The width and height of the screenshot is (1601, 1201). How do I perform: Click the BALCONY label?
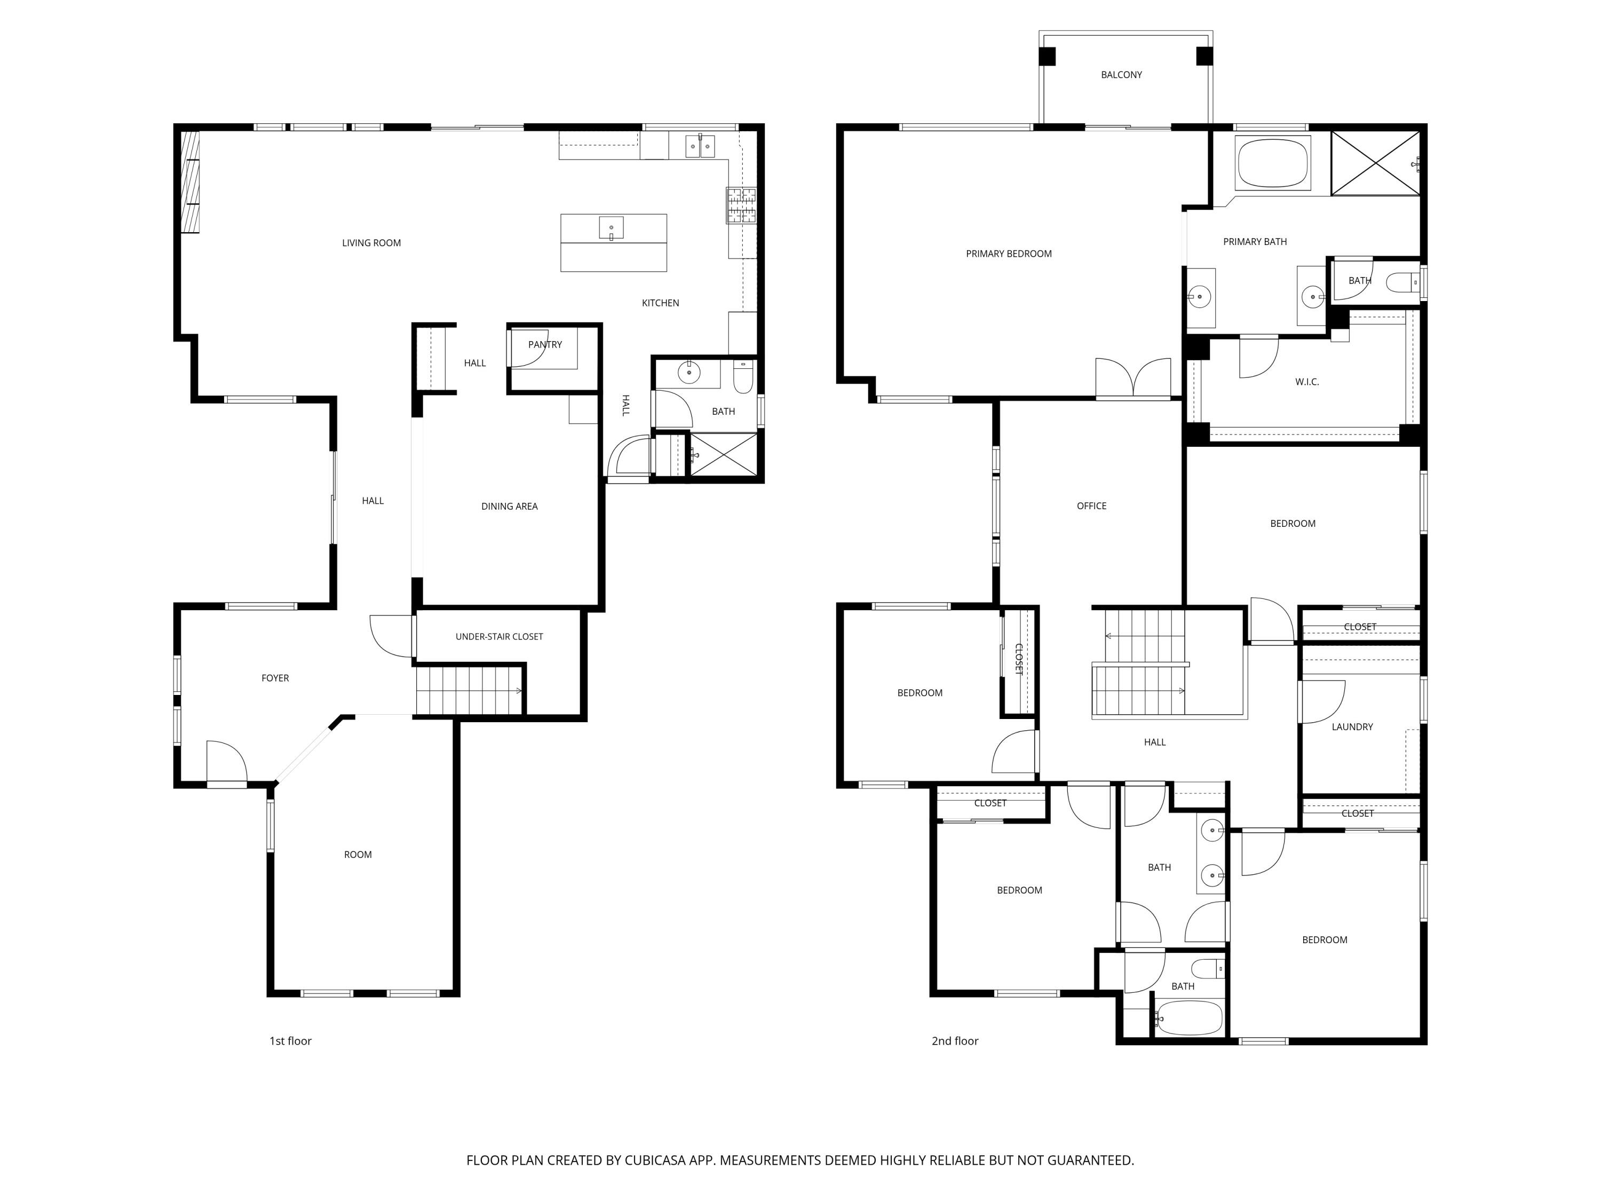pos(1121,75)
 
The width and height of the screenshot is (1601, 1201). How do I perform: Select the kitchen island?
pos(614,242)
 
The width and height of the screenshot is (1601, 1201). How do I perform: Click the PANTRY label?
pos(545,345)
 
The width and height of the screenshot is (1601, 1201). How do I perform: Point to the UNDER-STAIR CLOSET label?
pos(500,637)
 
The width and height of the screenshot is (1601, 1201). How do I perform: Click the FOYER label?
pos(275,678)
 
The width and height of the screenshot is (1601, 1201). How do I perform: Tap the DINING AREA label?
pos(510,507)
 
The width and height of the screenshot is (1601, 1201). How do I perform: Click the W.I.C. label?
pos(1307,382)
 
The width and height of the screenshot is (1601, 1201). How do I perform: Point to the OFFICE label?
pos(1091,506)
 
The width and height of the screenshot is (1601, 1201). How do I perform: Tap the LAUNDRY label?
pos(1352,727)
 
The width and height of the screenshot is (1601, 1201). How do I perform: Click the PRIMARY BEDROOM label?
pos(1009,254)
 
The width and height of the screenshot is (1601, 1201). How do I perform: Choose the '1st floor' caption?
pos(290,1041)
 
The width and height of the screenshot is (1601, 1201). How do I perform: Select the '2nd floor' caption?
pos(955,1041)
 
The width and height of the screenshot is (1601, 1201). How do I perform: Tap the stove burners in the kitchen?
pos(741,206)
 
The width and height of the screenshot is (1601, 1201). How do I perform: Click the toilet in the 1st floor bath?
pos(743,376)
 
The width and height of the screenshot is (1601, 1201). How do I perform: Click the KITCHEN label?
pos(660,303)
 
